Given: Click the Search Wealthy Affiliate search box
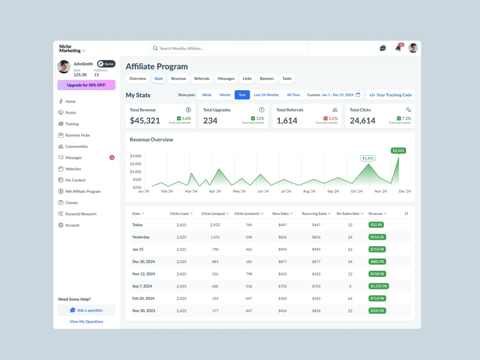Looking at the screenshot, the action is (x=229, y=48).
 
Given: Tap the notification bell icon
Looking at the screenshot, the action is (x=398, y=48).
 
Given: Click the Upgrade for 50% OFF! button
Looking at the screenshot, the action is (x=86, y=85).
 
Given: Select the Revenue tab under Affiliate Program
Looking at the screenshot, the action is (x=179, y=79).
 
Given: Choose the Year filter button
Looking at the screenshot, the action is (x=242, y=95).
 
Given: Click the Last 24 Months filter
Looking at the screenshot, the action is (x=266, y=95).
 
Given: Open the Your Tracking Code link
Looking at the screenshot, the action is (x=391, y=95).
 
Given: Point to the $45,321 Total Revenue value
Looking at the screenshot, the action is (x=145, y=120).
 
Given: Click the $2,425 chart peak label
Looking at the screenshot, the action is (x=398, y=151).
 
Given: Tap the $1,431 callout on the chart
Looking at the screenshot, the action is (x=368, y=158).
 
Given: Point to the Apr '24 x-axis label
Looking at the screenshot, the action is (x=215, y=192).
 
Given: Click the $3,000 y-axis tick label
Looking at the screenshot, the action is (x=136, y=156).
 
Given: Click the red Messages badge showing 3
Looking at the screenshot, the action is (x=112, y=157).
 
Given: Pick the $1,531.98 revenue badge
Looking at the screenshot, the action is (x=379, y=286).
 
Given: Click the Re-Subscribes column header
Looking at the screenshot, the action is (x=350, y=214).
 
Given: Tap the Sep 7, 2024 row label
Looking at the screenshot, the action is (x=142, y=286).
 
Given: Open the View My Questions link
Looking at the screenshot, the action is (x=86, y=322).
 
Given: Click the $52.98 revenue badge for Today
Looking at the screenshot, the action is (x=376, y=225).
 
